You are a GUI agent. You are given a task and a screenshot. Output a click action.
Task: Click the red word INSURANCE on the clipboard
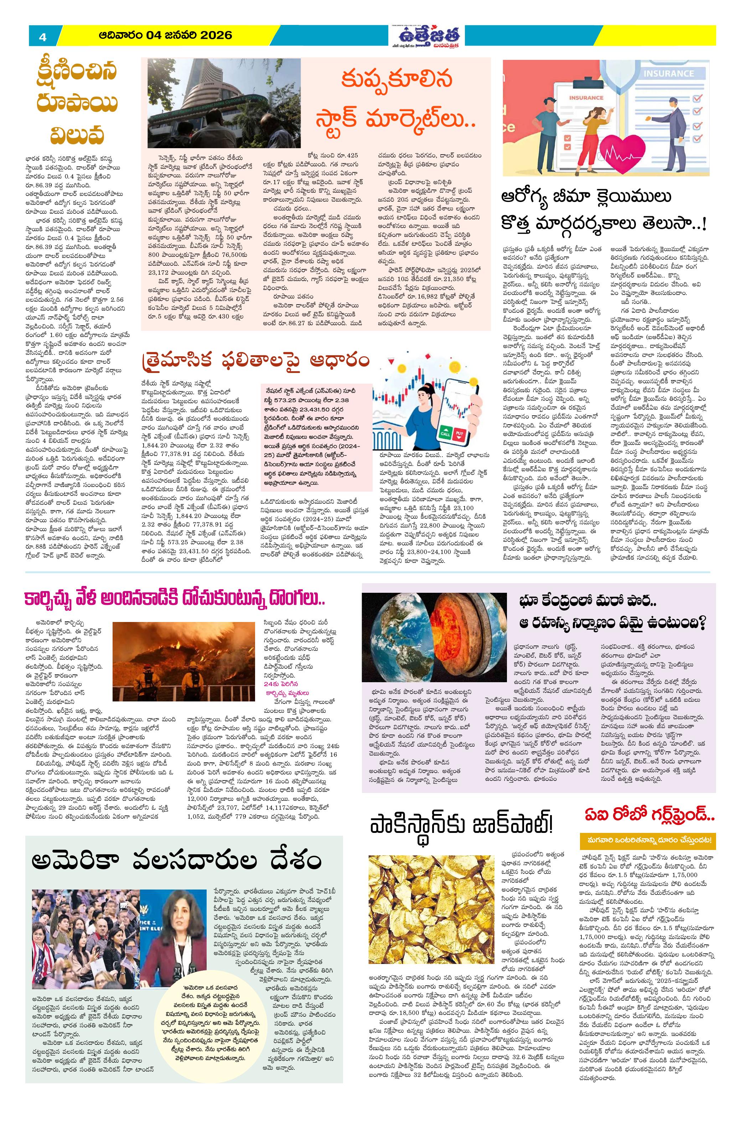(x=586, y=98)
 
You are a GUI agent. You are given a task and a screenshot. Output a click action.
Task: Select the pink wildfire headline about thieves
(x=175, y=600)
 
